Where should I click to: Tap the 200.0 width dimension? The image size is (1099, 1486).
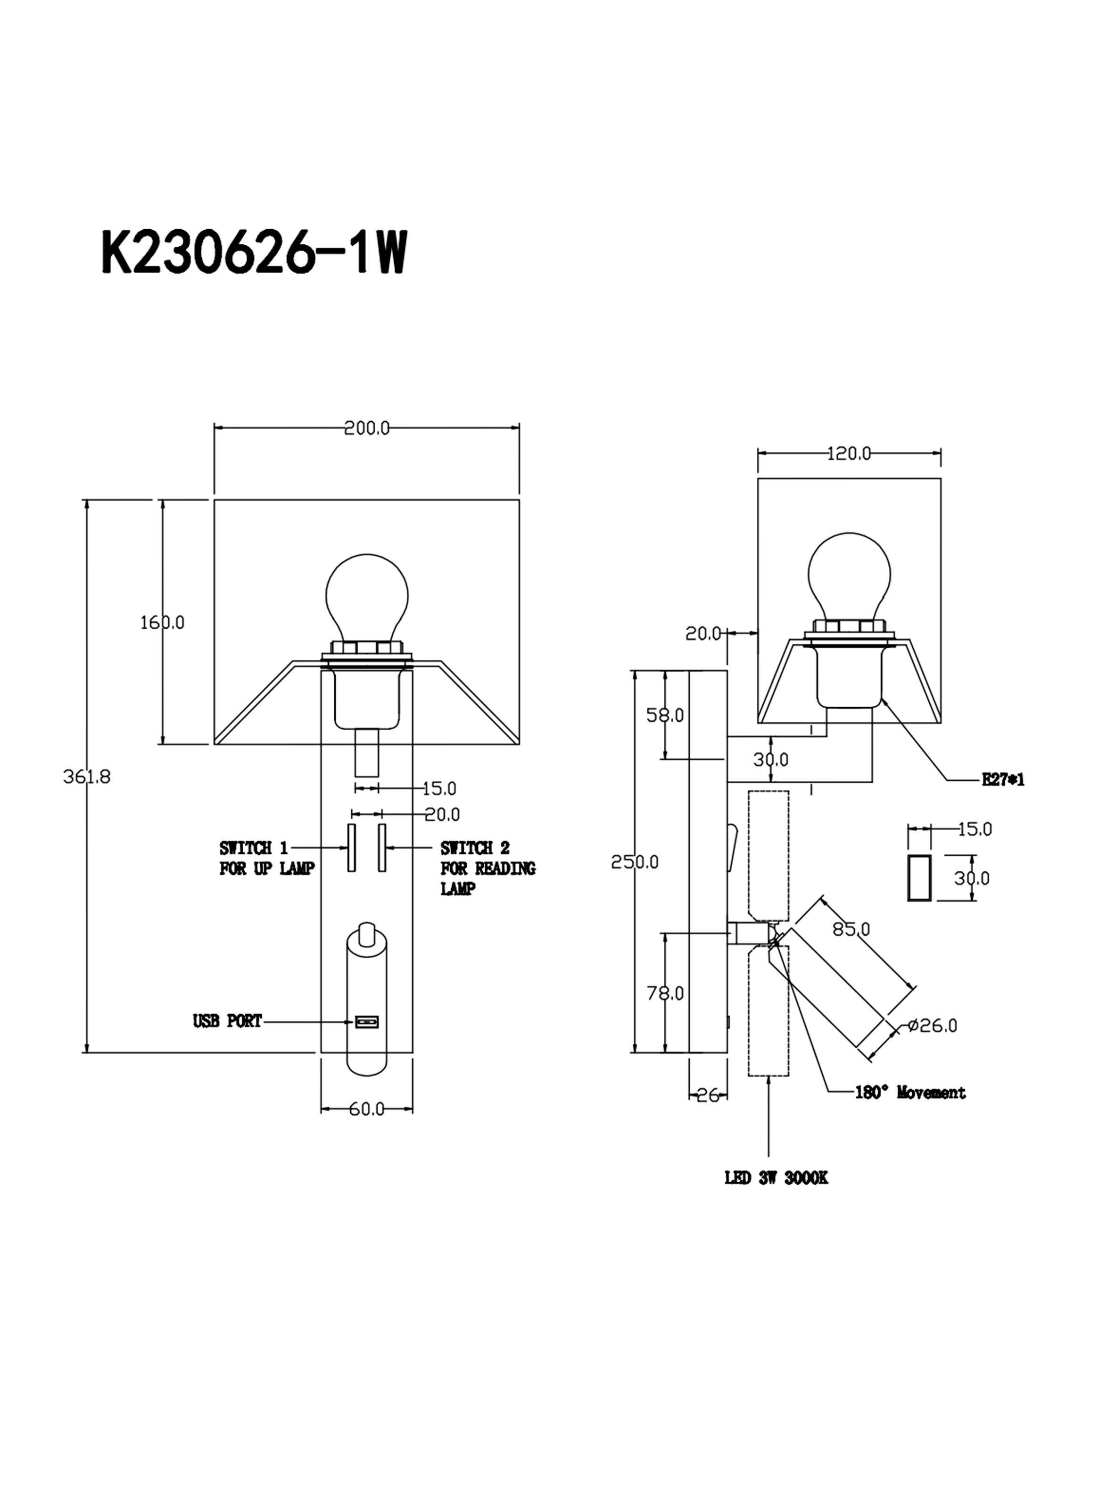coord(366,428)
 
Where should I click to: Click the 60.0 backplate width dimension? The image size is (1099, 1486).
coord(366,1110)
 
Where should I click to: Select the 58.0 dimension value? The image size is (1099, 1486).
coord(665,715)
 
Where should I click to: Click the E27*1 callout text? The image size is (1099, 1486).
coord(1003,780)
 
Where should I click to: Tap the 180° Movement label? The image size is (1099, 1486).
coord(910,1092)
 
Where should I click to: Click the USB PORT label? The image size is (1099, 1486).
coord(228,1021)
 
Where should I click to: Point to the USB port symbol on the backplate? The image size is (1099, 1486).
coord(366,1021)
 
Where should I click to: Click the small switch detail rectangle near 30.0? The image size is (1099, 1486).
coord(919,878)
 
